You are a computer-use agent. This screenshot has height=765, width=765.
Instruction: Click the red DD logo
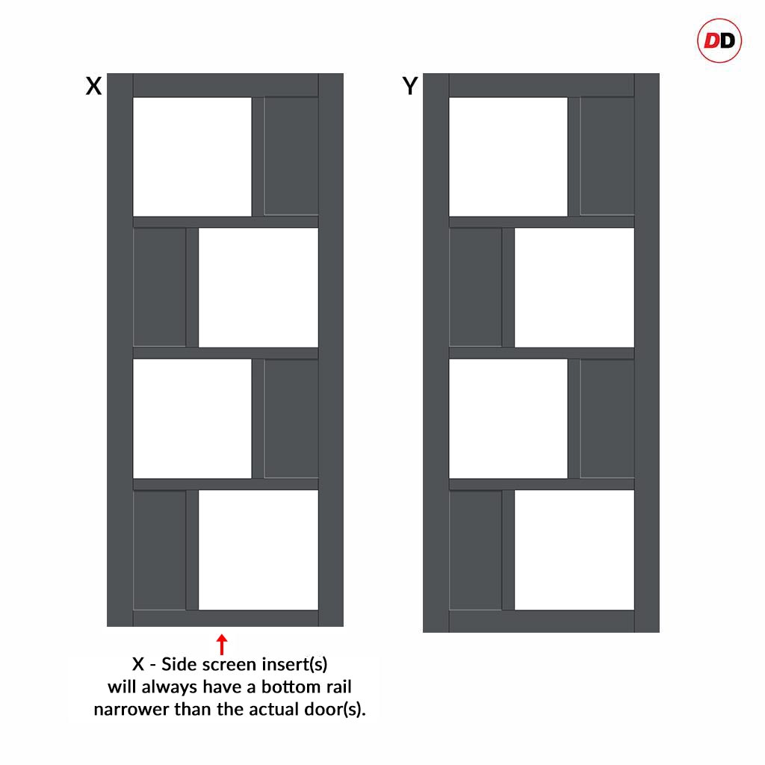click(719, 40)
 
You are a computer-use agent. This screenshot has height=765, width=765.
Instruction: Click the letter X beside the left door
click(93, 87)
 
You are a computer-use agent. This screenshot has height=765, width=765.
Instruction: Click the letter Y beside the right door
click(410, 87)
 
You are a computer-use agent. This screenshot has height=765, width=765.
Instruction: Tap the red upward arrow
click(222, 644)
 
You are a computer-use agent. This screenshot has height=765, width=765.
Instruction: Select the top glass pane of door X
click(192, 157)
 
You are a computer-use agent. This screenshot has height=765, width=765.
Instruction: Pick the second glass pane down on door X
click(258, 288)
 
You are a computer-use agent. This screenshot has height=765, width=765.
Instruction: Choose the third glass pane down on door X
click(192, 418)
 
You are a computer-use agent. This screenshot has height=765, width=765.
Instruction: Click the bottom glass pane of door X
click(258, 550)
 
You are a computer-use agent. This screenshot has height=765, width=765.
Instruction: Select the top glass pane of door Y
click(508, 157)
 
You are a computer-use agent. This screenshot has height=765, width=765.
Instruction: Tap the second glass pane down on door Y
click(574, 288)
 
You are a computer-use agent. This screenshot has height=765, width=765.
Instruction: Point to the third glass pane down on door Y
click(508, 418)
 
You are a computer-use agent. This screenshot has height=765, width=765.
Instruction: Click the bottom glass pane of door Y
click(574, 550)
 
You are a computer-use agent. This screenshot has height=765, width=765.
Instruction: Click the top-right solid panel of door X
click(291, 156)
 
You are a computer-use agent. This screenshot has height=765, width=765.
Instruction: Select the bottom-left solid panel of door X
click(160, 550)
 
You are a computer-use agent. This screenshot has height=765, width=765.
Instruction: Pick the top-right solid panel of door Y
click(607, 156)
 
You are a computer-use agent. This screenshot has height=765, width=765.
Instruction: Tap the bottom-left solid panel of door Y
click(475, 550)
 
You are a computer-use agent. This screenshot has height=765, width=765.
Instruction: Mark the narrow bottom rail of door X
click(226, 618)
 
